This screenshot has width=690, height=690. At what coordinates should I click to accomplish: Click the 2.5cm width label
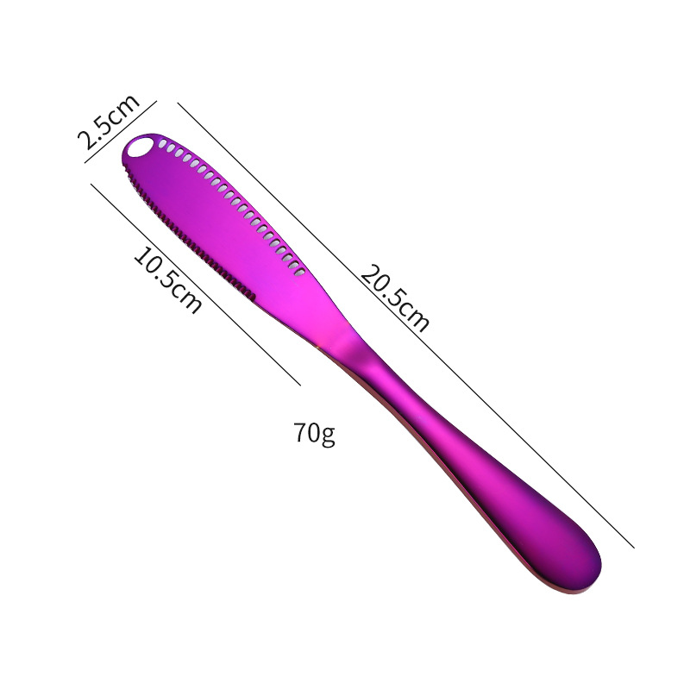109,122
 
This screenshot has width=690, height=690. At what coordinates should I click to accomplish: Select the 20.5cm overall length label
395,298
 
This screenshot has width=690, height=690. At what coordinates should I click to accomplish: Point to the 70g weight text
314,434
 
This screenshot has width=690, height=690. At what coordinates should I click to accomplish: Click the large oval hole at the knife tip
140,147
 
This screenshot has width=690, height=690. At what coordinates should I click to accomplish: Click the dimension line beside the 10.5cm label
196,285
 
